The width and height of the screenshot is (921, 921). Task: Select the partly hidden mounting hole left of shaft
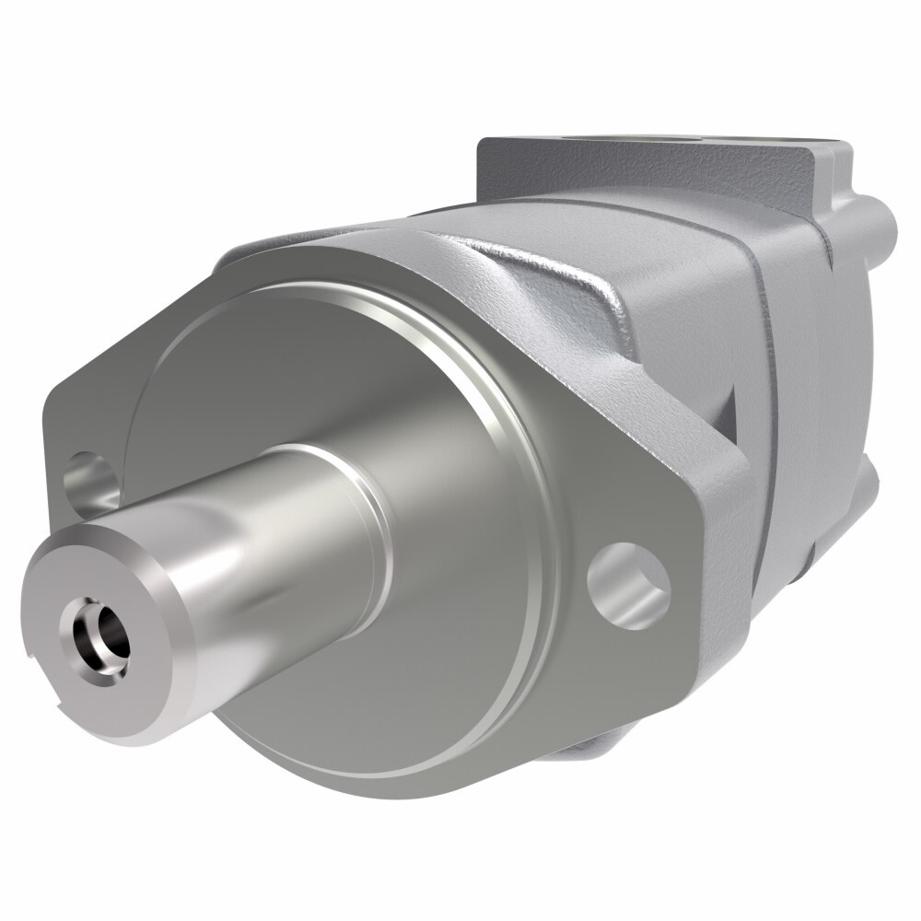pos(93,483)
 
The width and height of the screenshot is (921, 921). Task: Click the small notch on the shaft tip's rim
pos(33,659)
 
